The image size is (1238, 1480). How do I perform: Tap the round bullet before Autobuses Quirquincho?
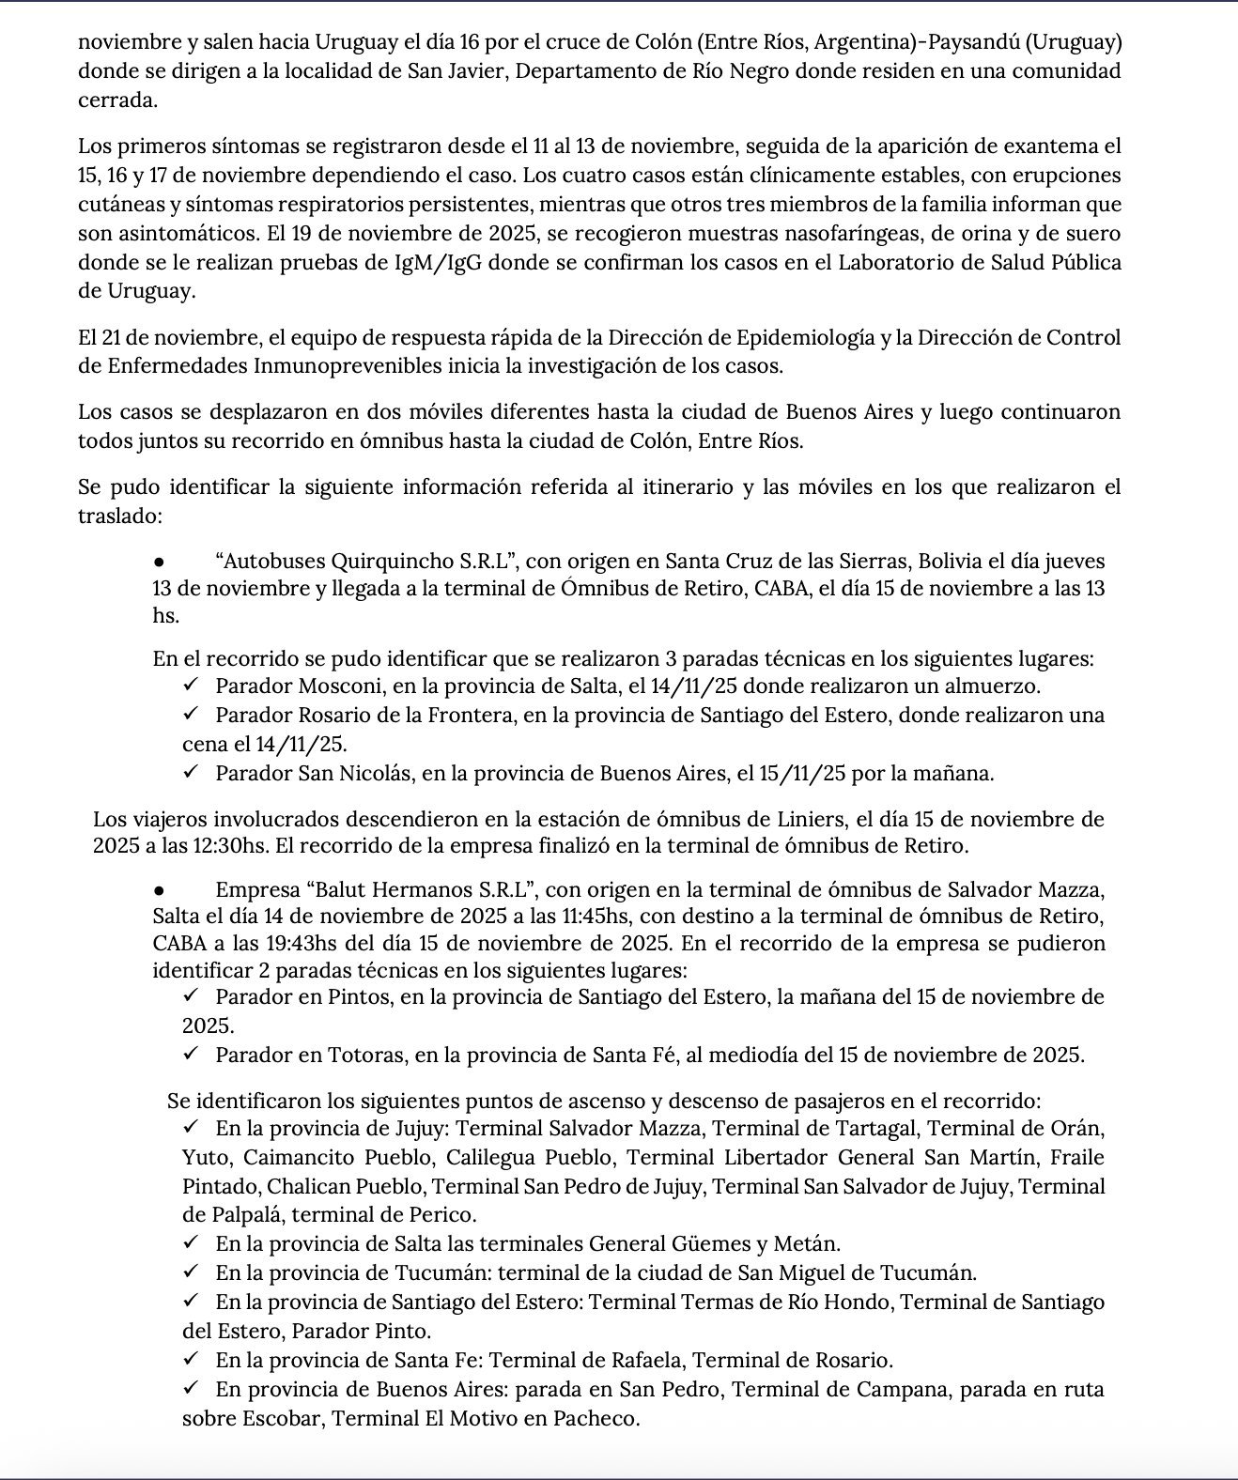click(160, 562)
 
